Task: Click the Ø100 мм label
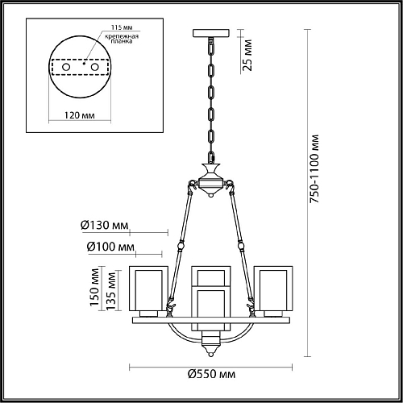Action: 106,247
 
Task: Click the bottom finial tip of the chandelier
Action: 211,351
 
